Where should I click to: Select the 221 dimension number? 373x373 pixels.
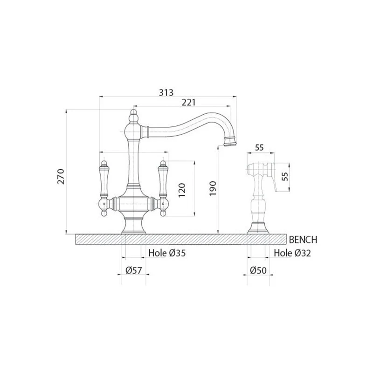pos(188,103)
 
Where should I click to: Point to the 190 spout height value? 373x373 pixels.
pos(213,188)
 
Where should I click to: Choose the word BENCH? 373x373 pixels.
pos(303,240)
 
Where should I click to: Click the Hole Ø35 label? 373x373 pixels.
pos(167,253)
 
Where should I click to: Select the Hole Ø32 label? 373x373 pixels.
pos(292,253)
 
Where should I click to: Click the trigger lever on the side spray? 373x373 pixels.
pos(275,182)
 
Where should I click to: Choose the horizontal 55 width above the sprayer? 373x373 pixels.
pos(259,147)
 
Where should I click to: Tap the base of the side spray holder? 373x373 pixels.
pos(258,228)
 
